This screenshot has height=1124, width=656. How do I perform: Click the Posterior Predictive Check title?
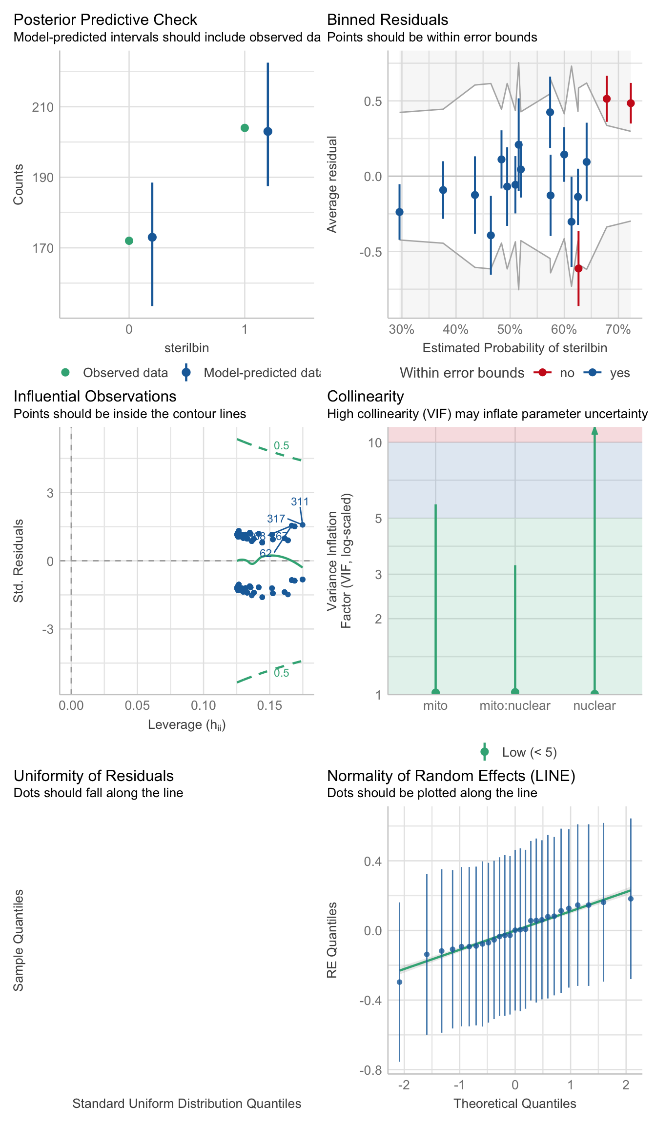pos(105,20)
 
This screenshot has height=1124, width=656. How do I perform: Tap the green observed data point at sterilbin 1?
pos(245,128)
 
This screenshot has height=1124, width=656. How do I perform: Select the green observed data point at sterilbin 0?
pos(129,241)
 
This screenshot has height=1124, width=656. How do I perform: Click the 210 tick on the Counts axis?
pos(43,107)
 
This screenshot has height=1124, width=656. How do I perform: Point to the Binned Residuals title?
pos(388,20)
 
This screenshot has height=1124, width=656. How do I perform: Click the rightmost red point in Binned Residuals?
pos(631,103)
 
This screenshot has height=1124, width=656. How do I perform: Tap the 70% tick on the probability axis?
pos(618,330)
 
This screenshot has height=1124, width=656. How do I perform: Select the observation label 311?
pos(300,502)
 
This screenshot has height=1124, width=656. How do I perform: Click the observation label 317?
pos(276,519)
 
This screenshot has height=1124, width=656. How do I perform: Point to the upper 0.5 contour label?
pos(282,445)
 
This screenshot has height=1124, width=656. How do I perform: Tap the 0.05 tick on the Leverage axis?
pos(137,705)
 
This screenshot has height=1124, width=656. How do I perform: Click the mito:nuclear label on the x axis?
pos(515,705)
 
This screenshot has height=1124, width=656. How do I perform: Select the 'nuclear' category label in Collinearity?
pos(594,705)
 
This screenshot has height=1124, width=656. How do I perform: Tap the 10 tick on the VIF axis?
pos(375,443)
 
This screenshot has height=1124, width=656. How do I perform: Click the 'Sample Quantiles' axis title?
pos(19,940)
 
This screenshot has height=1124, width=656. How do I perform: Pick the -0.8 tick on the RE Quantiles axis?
pos(370,1070)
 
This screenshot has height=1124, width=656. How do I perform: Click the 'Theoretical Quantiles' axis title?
pos(515,1104)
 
